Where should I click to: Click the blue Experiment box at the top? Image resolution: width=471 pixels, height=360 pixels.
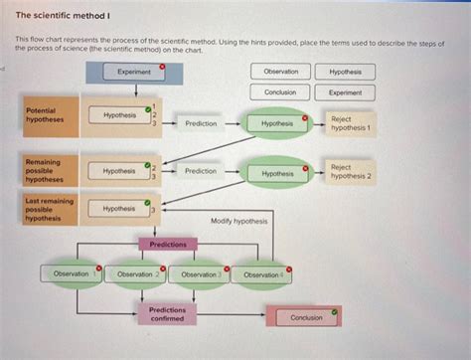pos(134,72)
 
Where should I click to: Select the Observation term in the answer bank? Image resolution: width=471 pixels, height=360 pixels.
pos(279,72)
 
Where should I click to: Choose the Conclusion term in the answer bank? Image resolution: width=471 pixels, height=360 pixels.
pos(279,92)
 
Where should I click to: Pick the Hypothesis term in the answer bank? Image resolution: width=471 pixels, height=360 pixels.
pos(345,72)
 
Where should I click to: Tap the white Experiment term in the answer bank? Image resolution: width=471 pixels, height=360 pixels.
pos(345,92)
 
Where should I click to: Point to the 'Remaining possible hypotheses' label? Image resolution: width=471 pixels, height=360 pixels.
pos(44,171)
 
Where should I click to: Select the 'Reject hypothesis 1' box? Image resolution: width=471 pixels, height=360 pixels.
pos(350,123)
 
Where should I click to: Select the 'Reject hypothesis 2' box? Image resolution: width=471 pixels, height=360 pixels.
pos(350,173)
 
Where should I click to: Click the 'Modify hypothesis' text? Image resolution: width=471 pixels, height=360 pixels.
pos(238,221)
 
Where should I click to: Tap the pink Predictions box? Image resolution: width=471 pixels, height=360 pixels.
pos(167,244)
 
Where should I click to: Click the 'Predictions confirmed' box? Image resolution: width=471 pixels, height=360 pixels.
pos(167,314)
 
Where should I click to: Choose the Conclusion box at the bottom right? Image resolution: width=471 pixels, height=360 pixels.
pos(306,317)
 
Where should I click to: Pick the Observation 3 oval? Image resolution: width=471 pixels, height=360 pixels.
pos(199,273)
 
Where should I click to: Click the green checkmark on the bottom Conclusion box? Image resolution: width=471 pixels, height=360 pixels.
pos(335,310)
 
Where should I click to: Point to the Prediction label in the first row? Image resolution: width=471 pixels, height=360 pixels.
pos(201,124)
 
